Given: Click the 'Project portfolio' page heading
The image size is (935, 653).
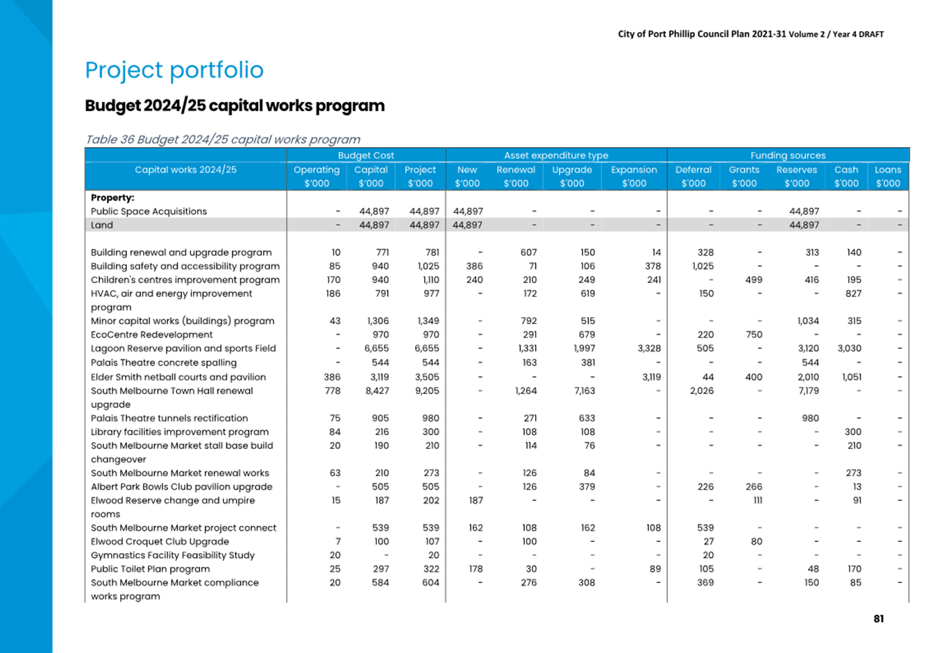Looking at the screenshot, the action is tap(174, 70).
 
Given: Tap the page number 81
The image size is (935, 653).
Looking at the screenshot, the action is tap(879, 619).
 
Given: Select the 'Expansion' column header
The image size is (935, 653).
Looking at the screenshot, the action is tap(634, 170).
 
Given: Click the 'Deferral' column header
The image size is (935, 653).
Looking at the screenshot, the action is tap(693, 170).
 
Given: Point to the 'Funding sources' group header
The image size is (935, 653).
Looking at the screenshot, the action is tap(788, 155).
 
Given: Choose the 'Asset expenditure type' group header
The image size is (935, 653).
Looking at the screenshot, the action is tap(556, 155).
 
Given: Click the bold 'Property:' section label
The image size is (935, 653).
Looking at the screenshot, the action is tap(112, 198).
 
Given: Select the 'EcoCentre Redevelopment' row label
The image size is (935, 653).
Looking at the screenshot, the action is tap(151, 334).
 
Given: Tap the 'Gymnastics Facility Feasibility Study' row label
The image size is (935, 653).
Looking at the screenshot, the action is tap(173, 555).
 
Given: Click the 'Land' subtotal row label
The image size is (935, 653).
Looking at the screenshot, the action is tap(102, 225).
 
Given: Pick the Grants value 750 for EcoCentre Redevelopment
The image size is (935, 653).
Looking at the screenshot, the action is tap(754, 334).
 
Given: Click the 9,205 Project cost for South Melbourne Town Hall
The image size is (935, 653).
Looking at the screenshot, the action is tap(427, 391).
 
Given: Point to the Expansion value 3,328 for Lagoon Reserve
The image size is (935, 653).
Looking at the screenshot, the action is tap(649, 348).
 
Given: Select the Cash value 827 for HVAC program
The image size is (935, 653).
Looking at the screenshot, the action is tap(853, 294).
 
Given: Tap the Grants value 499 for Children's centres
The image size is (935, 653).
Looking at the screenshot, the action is tap(754, 280).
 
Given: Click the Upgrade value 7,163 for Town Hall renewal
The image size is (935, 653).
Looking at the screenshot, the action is tap(584, 391).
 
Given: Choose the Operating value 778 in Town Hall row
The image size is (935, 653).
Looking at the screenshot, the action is tap(332, 391).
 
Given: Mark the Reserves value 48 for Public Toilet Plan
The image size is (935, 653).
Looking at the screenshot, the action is tap(813, 569).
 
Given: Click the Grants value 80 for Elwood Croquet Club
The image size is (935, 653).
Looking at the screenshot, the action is tap(757, 541).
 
